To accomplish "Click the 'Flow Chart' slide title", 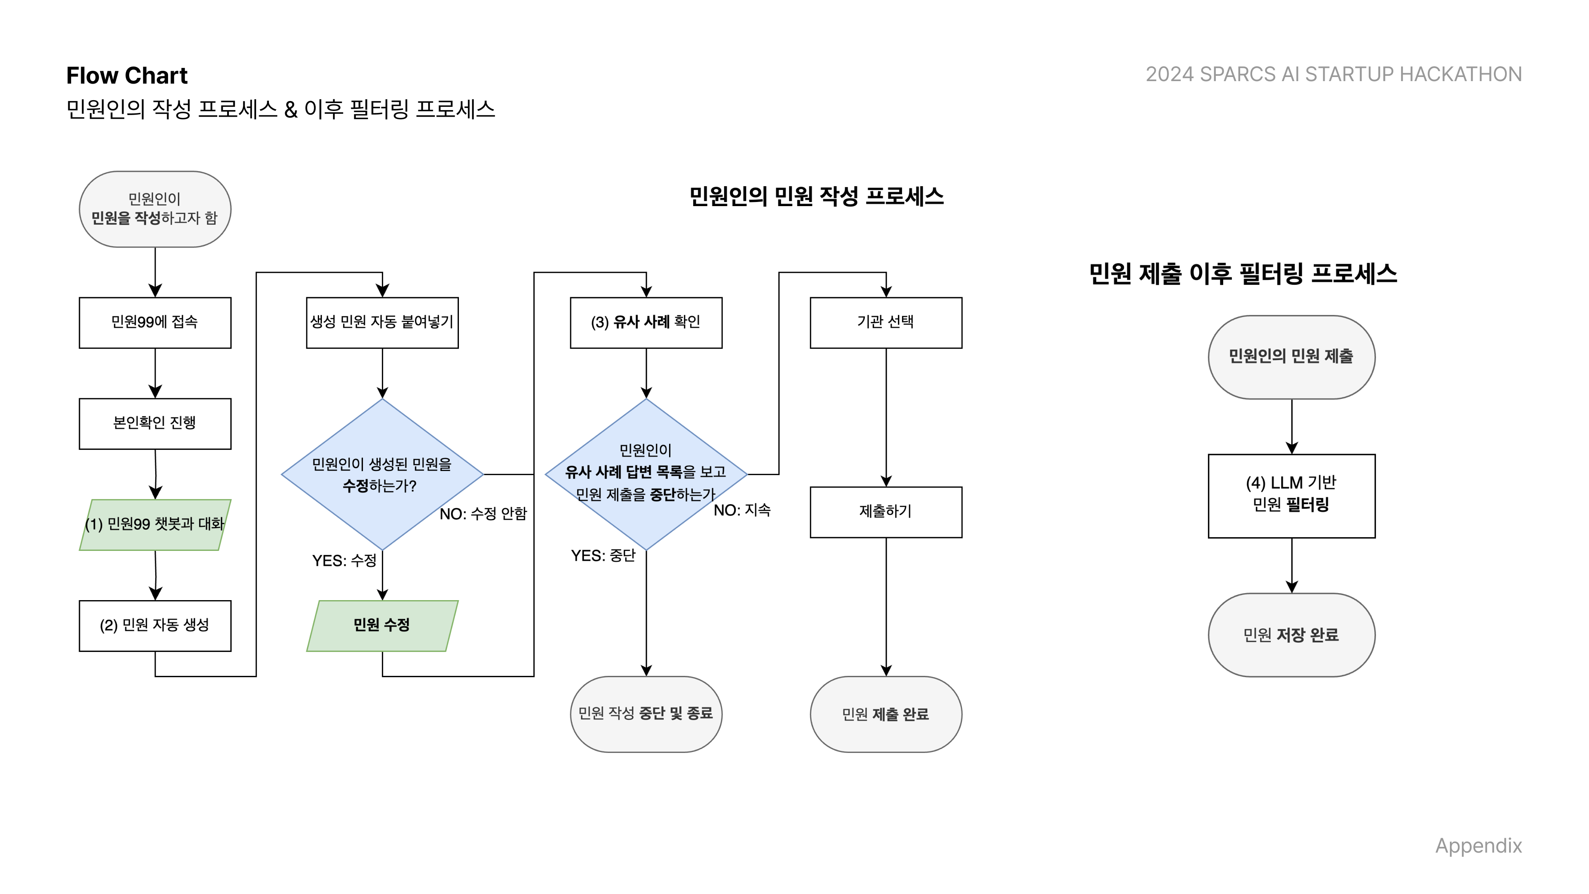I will (x=127, y=75).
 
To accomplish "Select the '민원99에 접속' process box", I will (x=155, y=322).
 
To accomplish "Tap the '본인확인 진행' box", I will (x=155, y=423).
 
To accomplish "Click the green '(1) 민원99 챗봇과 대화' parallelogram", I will (x=155, y=524).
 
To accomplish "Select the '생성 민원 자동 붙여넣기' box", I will (x=382, y=322).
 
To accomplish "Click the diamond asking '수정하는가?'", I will (x=382, y=474).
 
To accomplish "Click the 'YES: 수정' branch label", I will (x=344, y=560).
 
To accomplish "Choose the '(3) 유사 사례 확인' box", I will (x=646, y=322).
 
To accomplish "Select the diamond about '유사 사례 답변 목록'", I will (x=646, y=474).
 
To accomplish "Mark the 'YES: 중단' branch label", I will (x=602, y=556).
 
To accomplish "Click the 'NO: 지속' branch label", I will (x=742, y=510).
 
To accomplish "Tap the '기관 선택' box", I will (x=886, y=322).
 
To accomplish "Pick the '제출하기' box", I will (x=886, y=512).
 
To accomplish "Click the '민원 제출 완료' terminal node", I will (x=886, y=714).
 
